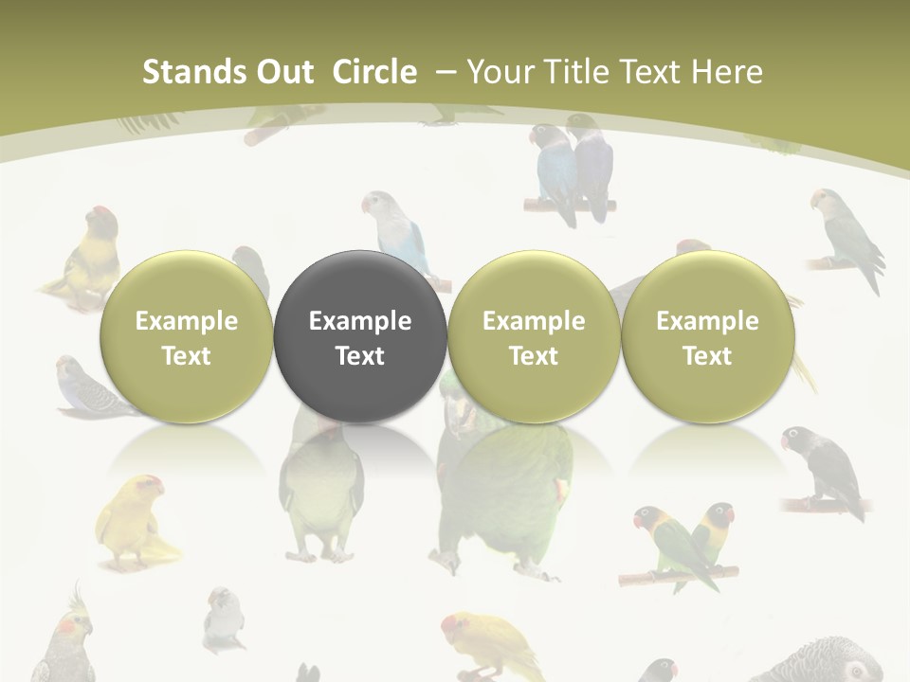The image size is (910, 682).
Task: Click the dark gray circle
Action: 359,337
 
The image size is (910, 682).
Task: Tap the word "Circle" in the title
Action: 374,72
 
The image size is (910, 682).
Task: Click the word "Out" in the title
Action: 282,72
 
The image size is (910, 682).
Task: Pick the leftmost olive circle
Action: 186,337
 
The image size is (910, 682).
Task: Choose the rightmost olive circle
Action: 707,337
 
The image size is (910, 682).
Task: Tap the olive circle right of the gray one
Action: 533,337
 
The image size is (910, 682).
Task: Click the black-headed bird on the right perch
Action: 823,469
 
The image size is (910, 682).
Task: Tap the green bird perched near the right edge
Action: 846,237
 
